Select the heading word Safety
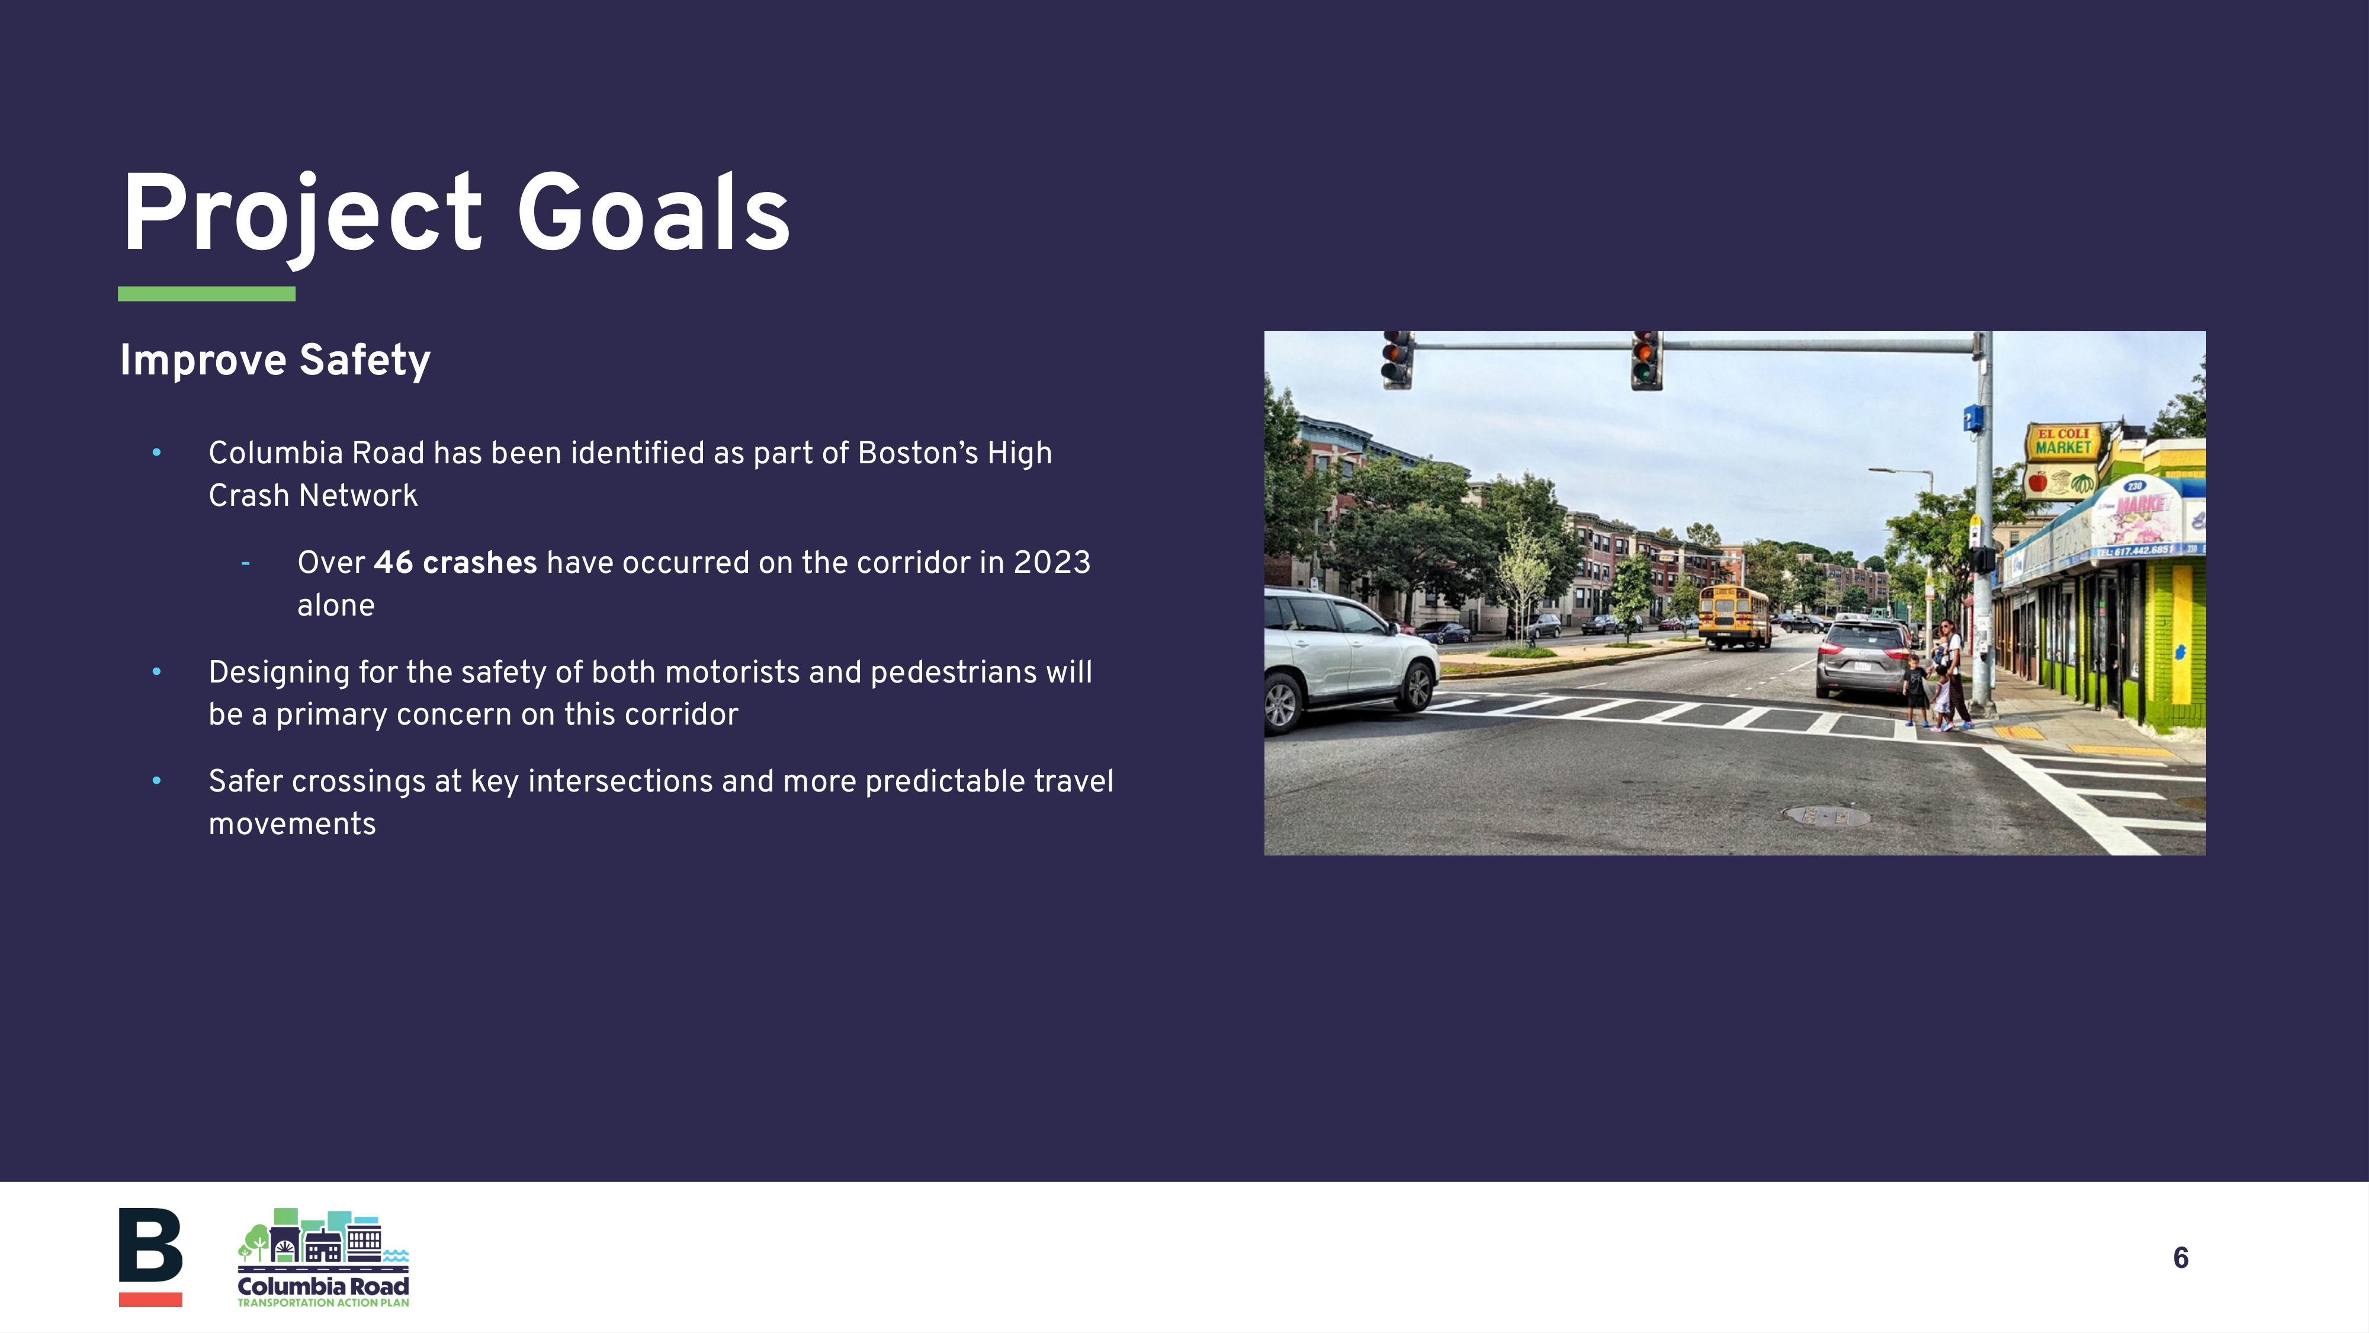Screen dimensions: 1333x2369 point(364,360)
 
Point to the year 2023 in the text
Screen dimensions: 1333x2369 point(1051,562)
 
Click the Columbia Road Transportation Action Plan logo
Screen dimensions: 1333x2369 point(323,1258)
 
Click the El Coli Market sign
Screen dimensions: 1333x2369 point(2063,441)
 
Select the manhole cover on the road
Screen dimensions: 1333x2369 point(1825,815)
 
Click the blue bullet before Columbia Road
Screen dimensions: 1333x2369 point(156,453)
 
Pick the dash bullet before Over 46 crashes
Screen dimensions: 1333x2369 point(246,562)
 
